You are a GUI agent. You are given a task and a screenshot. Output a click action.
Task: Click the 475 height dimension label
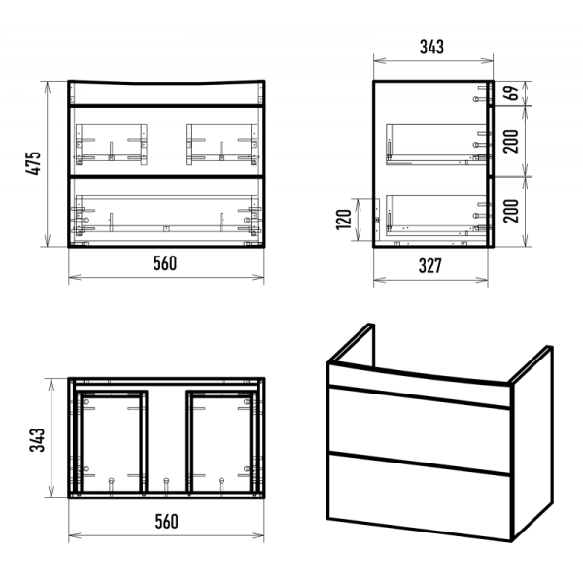pyautogui.click(x=33, y=163)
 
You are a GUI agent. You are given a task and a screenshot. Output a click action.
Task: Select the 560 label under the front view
pyautogui.click(x=165, y=263)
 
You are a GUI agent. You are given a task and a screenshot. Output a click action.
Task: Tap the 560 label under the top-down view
pyautogui.click(x=166, y=521)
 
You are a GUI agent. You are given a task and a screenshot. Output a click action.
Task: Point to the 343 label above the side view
pyautogui.click(x=431, y=47)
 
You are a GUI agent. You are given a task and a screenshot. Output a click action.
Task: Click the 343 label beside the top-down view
pyautogui.click(x=37, y=440)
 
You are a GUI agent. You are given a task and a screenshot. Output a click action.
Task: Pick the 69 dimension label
pyautogui.click(x=511, y=93)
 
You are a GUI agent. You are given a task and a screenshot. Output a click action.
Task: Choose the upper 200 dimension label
pyautogui.click(x=511, y=141)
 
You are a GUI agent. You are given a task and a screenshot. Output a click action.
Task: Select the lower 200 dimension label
pyautogui.click(x=511, y=211)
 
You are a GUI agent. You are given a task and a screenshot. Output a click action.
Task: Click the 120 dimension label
pyautogui.click(x=344, y=220)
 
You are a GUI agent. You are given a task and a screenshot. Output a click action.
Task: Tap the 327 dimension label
pyautogui.click(x=430, y=266)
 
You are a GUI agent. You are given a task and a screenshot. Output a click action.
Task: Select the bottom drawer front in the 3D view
pyautogui.click(x=419, y=497)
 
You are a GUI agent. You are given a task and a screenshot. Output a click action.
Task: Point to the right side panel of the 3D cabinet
pyautogui.click(x=532, y=442)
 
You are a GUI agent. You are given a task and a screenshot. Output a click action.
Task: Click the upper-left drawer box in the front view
pyautogui.click(x=112, y=144)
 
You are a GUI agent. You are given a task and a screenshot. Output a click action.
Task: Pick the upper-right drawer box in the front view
pyautogui.click(x=222, y=144)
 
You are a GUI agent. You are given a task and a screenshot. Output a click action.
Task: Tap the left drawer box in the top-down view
pyautogui.click(x=111, y=441)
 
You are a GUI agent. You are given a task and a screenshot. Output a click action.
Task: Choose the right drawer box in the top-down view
pyautogui.click(x=222, y=441)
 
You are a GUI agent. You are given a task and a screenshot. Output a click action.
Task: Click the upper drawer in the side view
pyautogui.click(x=436, y=145)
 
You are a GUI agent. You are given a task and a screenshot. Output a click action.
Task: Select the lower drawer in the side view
pyautogui.click(x=436, y=216)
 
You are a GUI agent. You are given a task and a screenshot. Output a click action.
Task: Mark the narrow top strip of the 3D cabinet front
pyautogui.click(x=419, y=386)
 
